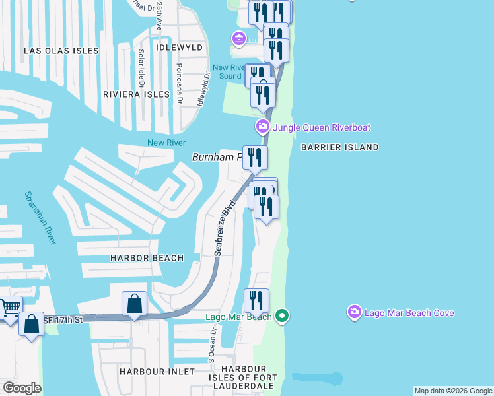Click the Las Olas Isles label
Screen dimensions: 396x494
click(61, 51)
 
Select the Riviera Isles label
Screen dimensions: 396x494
click(137, 94)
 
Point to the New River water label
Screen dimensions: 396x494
click(166, 143)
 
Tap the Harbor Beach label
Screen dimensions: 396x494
click(147, 258)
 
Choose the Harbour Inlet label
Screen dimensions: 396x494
click(157, 372)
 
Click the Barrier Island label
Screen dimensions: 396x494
click(339, 147)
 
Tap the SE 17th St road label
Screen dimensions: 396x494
click(64, 320)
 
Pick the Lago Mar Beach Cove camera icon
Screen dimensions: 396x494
click(355, 312)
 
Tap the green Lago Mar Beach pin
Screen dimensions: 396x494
click(282, 317)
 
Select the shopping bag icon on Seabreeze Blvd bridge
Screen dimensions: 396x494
click(134, 304)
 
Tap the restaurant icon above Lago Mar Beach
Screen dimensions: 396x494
click(256, 301)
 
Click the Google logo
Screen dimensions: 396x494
click(22, 388)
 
